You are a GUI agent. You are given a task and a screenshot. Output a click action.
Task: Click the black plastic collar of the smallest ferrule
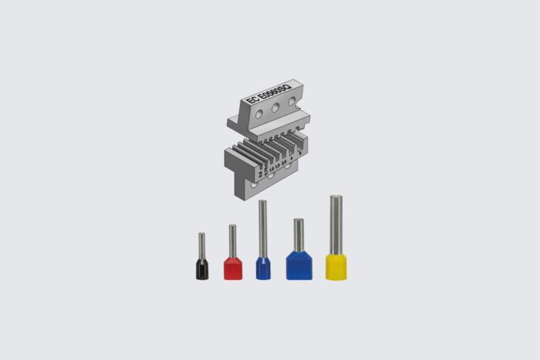pos(202,270)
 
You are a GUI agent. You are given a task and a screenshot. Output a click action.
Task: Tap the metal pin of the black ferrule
pos(202,245)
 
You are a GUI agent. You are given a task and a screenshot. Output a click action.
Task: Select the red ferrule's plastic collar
pos(232,268)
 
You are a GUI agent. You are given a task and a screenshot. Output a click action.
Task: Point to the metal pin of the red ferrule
pos(232,240)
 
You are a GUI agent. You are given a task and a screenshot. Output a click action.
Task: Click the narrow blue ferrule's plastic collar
pos(263,268)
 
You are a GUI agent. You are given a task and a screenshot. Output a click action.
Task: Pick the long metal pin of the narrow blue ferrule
pos(263,227)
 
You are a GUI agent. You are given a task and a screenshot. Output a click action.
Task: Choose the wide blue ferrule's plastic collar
pos(299,265)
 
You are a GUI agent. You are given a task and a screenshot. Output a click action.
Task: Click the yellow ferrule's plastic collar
pos(336,267)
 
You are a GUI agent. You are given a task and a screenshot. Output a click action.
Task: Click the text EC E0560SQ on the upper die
pos(268,96)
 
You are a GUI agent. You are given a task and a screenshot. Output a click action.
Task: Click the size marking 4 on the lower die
pos(291,157)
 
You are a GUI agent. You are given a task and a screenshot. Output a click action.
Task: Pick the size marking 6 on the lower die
pos(299,153)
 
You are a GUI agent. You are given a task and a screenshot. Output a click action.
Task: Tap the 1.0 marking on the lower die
pos(271,168)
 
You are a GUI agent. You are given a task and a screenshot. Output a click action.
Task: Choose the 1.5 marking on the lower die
pos(277,166)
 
